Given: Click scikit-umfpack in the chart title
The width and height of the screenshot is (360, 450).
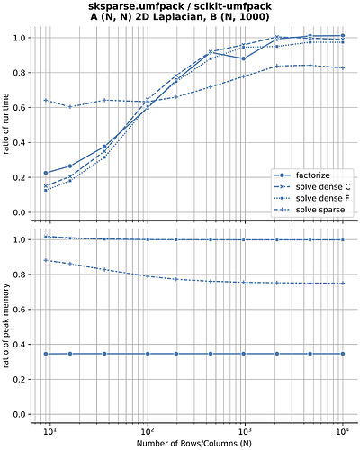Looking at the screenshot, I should click(234, 6).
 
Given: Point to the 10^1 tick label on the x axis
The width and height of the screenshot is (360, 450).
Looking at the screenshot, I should click(51, 429).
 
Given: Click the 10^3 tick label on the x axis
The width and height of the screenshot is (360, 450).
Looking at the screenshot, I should click(243, 429).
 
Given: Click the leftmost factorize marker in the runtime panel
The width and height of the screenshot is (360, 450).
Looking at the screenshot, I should click(46, 173).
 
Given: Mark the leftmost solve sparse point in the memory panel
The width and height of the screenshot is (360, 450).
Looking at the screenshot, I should click(46, 260).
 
